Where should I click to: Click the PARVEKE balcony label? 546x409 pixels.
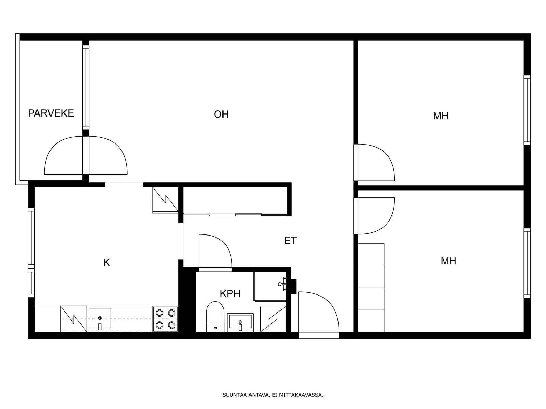(x=51, y=113)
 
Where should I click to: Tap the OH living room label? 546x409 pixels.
(x=221, y=114)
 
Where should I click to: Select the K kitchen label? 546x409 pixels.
(x=106, y=262)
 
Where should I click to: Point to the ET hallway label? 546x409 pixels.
(x=290, y=240)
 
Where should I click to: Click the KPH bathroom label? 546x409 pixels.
(x=230, y=294)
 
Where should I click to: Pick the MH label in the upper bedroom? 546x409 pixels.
(x=441, y=116)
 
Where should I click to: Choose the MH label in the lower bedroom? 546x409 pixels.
(x=448, y=261)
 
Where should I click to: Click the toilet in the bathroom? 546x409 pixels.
(x=215, y=317)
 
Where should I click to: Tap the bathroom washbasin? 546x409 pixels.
(x=240, y=322)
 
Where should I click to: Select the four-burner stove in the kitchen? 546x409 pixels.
(x=166, y=319)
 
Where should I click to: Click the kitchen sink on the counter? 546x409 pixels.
(x=100, y=318)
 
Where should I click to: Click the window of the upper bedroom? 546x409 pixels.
(x=527, y=110)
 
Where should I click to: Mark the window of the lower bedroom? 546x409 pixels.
(x=527, y=263)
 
